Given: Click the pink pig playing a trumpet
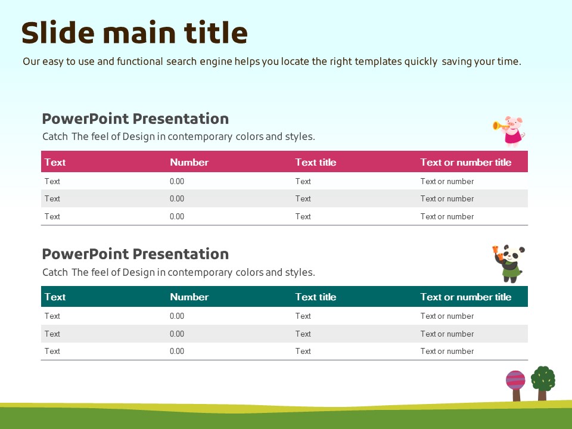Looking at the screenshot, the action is pyautogui.click(x=509, y=131).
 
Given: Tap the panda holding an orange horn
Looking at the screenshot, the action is pyautogui.click(x=509, y=263).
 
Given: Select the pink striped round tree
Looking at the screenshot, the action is pyautogui.click(x=515, y=386).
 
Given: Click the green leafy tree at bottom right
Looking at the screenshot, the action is pyautogui.click(x=543, y=383).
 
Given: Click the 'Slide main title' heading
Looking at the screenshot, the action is pyautogui.click(x=135, y=32).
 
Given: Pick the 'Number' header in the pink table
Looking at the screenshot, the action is pyautogui.click(x=189, y=162).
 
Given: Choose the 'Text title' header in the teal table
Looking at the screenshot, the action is pyautogui.click(x=316, y=297).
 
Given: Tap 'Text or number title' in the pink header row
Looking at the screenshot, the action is pyautogui.click(x=466, y=162).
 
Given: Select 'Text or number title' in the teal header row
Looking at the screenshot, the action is pyautogui.click(x=466, y=297).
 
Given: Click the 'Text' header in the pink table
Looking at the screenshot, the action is pyautogui.click(x=55, y=162).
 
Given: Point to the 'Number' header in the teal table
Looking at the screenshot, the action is pyautogui.click(x=189, y=297).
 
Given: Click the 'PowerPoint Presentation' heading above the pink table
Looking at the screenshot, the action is pyautogui.click(x=135, y=119).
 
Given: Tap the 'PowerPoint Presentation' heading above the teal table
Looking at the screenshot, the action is pyautogui.click(x=135, y=254).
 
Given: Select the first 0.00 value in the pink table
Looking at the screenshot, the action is pyautogui.click(x=177, y=181).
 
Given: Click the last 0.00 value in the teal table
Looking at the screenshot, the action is pyautogui.click(x=177, y=352).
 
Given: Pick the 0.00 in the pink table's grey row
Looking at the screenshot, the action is pyautogui.click(x=177, y=199).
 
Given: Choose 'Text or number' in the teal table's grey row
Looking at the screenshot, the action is pyautogui.click(x=447, y=334).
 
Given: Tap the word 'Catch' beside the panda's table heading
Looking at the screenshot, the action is pyautogui.click(x=55, y=272).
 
